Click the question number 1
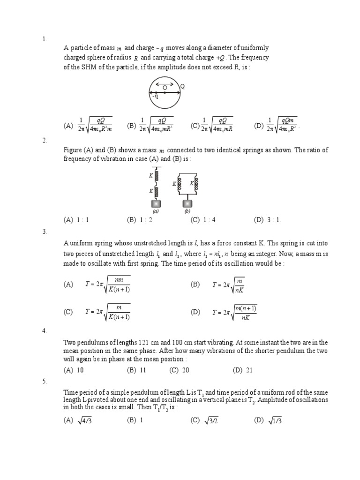pos(45,39)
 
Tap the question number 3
pos(45,232)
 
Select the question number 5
pos(45,382)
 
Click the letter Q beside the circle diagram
pos(182,86)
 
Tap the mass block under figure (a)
pos(156,204)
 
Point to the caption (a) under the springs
pos(156,211)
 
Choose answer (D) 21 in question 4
pos(243,370)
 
